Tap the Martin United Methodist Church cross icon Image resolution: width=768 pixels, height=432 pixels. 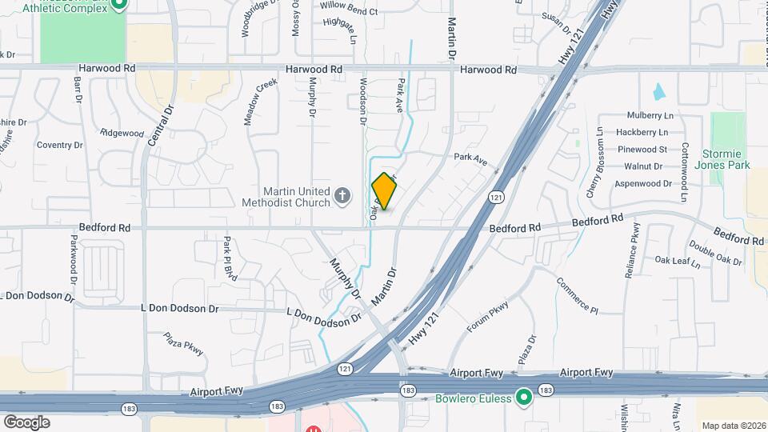(x=342, y=196)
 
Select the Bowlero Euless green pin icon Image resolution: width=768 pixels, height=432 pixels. (x=524, y=397)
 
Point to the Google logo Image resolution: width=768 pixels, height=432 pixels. (x=26, y=422)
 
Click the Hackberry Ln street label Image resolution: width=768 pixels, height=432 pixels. (x=645, y=132)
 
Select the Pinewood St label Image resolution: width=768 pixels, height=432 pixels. (x=642, y=150)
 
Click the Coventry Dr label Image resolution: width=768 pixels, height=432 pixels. (x=60, y=145)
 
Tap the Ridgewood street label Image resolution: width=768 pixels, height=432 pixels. (x=122, y=133)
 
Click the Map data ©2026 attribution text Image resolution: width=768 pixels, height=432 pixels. (x=731, y=425)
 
